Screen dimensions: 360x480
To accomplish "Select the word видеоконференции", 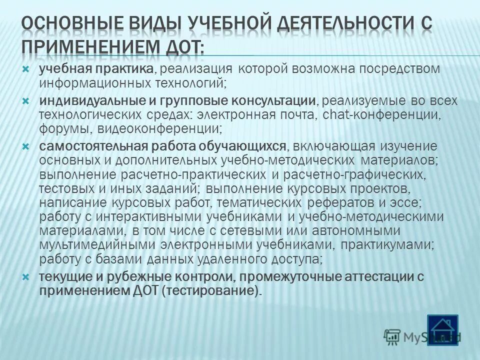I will (x=160, y=129).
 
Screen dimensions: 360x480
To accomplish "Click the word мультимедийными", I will (x=98, y=245).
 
